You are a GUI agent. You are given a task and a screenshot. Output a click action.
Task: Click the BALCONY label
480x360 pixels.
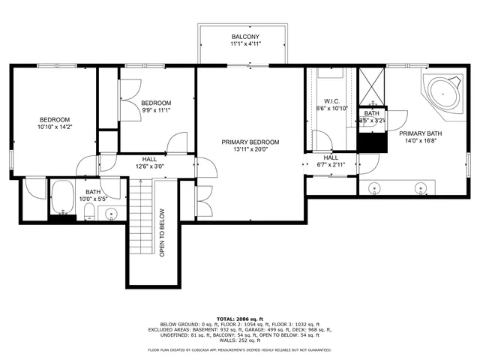tap(244, 36)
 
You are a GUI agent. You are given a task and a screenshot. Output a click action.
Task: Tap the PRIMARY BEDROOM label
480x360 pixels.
tap(250, 142)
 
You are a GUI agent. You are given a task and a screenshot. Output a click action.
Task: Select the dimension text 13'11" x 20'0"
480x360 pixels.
tap(250, 149)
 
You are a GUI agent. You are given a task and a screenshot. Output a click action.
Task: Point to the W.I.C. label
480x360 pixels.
tap(332, 101)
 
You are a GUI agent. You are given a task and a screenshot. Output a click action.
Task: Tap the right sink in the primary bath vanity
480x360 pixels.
tap(422, 187)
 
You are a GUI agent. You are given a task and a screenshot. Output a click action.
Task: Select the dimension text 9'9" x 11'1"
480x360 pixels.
tap(157, 110)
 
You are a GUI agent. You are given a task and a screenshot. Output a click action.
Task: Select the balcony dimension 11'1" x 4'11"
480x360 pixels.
tap(244, 44)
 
